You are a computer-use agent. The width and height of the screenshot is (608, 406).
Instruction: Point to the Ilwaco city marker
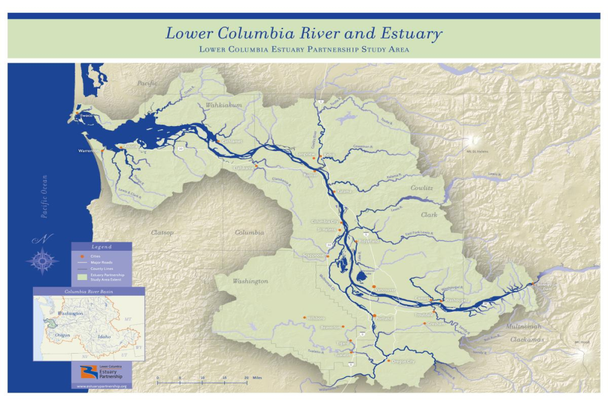click(76, 114)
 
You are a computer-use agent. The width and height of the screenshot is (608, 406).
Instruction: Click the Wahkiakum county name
click(224, 105)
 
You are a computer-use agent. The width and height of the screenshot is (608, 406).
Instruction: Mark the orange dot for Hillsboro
click(305, 317)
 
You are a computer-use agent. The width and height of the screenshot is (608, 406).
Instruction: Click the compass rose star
click(42, 261)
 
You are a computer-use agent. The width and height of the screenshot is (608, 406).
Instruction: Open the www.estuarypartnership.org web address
click(102, 387)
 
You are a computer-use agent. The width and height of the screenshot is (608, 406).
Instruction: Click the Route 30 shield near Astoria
click(181, 147)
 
